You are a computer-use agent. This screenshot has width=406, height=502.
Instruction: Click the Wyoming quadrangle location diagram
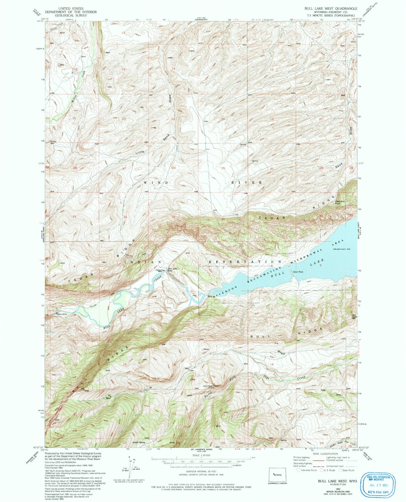coord(277,475)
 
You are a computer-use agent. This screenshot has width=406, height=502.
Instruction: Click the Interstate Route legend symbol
coord(298,470)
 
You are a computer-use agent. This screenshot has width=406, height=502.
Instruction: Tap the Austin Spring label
coord(139,443)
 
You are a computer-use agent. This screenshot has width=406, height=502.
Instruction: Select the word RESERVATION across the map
coord(244,262)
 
